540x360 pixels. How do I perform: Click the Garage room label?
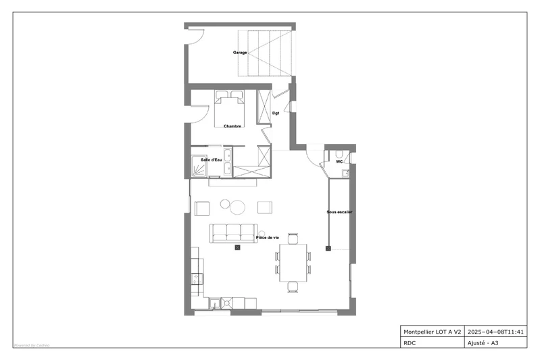click(240, 52)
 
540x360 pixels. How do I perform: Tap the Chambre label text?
click(232, 126)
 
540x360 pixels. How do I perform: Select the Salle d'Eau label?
click(212, 159)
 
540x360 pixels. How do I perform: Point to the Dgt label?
click(276, 113)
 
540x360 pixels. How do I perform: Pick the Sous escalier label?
click(340, 212)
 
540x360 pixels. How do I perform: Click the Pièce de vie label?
click(268, 238)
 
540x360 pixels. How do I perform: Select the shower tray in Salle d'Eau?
click(201, 165)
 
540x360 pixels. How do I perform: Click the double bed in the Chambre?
click(230, 109)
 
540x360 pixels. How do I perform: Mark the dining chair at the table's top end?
click(293, 238)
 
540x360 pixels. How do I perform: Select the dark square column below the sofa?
click(237, 249)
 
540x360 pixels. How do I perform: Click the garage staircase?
click(270, 52)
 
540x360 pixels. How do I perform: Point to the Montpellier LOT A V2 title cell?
click(432, 332)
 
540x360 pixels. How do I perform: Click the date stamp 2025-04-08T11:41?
click(495, 332)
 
